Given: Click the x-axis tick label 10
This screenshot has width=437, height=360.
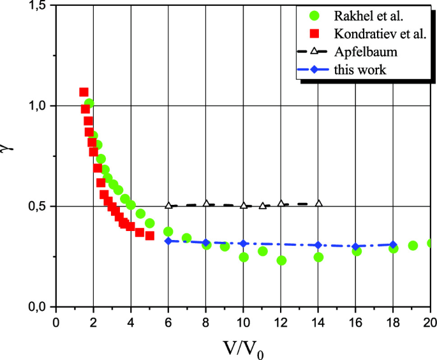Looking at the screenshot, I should coord(243,321).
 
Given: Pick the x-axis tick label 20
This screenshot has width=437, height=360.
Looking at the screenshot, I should coord(429,321).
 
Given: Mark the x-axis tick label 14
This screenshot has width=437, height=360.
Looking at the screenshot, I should coord(318,321).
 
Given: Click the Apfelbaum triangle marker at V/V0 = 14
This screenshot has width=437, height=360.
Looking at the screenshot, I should coord(318,204).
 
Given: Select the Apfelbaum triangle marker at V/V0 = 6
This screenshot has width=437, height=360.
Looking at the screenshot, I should coord(168,206).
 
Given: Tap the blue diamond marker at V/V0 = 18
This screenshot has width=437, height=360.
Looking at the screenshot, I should coord(394,244).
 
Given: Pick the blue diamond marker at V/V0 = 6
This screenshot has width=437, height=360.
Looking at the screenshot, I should coord(168,241).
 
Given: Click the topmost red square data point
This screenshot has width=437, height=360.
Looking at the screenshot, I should coord(84,92).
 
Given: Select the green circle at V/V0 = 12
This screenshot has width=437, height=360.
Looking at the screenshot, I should coord(281,260).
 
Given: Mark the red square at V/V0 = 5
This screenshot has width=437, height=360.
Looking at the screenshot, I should coord(149,236).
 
